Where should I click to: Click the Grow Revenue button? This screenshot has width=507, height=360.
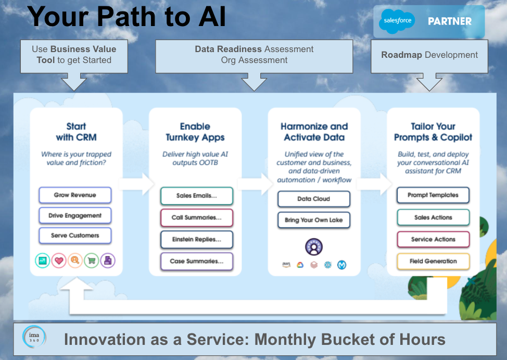coord(75,195)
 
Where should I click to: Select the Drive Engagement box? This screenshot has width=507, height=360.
coord(75,216)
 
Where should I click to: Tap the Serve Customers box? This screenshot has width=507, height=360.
coord(75,235)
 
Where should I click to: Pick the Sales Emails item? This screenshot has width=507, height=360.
coord(196,196)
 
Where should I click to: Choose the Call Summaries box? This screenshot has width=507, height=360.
coord(196,218)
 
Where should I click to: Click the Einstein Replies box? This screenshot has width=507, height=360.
coord(196,240)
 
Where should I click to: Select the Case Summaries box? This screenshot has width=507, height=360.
coord(196,262)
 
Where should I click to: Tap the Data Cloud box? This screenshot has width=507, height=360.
coord(313,199)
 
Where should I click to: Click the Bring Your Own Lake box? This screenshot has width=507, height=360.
coord(313,220)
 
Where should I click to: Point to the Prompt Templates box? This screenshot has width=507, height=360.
coord(433,195)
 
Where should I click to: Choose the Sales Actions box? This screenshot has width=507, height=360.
coord(433,217)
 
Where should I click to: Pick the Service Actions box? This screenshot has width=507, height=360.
coord(433,239)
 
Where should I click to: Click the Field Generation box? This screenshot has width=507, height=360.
coord(433,261)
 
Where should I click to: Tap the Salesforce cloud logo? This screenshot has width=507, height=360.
coord(397,21)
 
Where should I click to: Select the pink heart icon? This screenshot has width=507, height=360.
coord(59,260)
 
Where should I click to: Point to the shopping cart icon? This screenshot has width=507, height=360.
coord(92,260)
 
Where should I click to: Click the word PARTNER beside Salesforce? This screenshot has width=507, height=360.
coord(449,21)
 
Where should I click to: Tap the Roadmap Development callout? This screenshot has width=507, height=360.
coord(429,55)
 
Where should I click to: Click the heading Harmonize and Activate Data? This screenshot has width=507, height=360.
coord(314,132)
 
